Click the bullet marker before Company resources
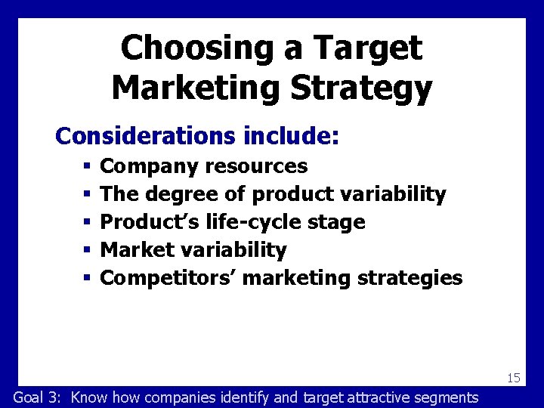87,166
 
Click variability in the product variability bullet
394,194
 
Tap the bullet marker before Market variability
87,250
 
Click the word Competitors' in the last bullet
168,278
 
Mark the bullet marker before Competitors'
87,278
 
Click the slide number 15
514,378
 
